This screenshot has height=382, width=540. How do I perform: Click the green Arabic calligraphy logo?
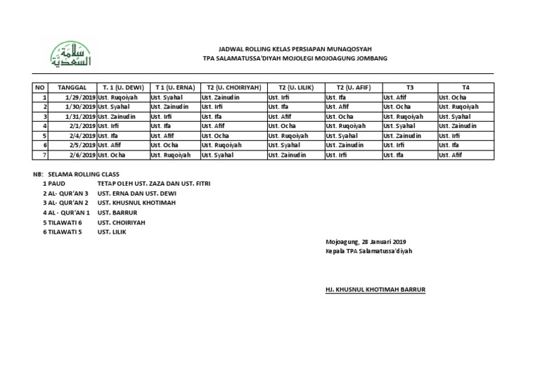tap(70, 54)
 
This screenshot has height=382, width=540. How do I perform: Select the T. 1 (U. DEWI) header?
tap(122, 87)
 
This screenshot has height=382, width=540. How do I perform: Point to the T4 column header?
tap(465, 87)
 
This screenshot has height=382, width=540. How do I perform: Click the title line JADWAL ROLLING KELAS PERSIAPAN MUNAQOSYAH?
tap(295, 49)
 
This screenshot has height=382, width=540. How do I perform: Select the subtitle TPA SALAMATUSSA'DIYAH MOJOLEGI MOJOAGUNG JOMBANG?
tap(295, 58)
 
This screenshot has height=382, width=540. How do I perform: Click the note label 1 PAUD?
tap(55, 183)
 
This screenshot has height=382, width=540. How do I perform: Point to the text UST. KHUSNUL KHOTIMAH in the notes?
tap(136, 202)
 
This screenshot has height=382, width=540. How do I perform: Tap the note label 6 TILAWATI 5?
tap(63, 231)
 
